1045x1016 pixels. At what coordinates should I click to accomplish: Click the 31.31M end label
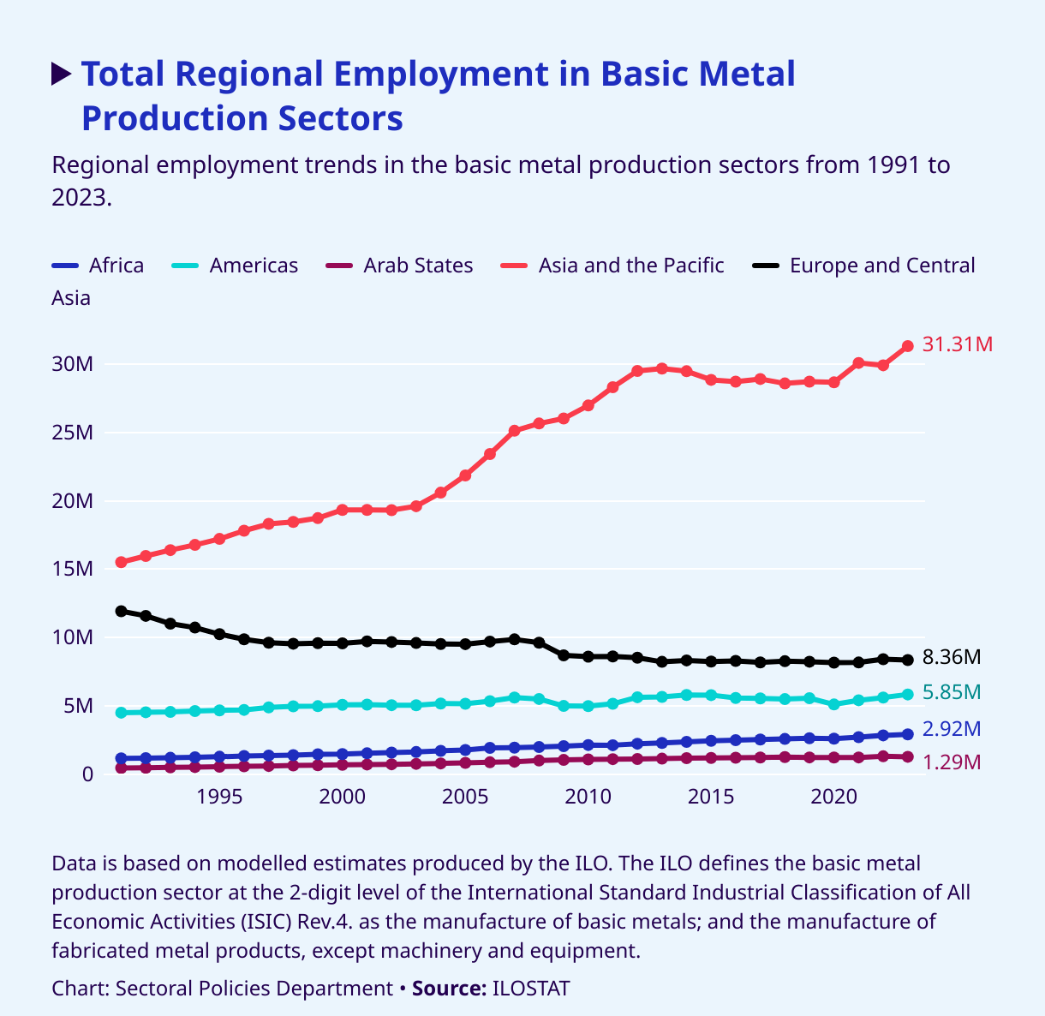click(x=958, y=344)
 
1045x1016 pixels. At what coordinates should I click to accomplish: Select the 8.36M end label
click(x=952, y=657)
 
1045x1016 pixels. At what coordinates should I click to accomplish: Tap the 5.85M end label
click(x=952, y=692)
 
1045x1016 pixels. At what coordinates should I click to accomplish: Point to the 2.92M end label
click(x=952, y=729)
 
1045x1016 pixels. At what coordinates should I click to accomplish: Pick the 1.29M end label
click(x=952, y=762)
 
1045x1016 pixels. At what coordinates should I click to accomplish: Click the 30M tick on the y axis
click(x=72, y=364)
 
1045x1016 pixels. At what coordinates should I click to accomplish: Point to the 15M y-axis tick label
click(x=72, y=570)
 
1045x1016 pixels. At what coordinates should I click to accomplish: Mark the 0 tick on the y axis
click(x=87, y=774)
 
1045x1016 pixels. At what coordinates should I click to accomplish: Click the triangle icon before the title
click(x=62, y=75)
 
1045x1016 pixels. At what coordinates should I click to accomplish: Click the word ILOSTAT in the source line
click(x=530, y=989)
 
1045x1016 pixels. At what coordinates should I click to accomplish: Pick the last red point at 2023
click(x=908, y=346)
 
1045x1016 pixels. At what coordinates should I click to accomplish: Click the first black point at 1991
click(x=122, y=611)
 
